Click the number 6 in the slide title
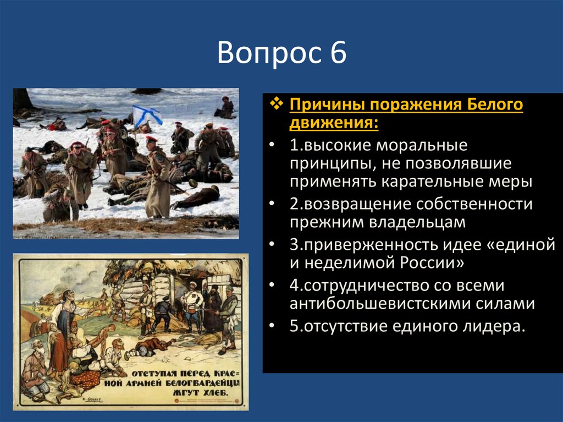(x=338, y=54)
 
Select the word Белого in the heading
(x=494, y=105)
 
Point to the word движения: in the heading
(x=334, y=122)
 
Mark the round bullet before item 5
(x=275, y=327)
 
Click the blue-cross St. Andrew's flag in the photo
(x=147, y=114)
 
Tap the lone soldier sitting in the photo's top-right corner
(x=225, y=107)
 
